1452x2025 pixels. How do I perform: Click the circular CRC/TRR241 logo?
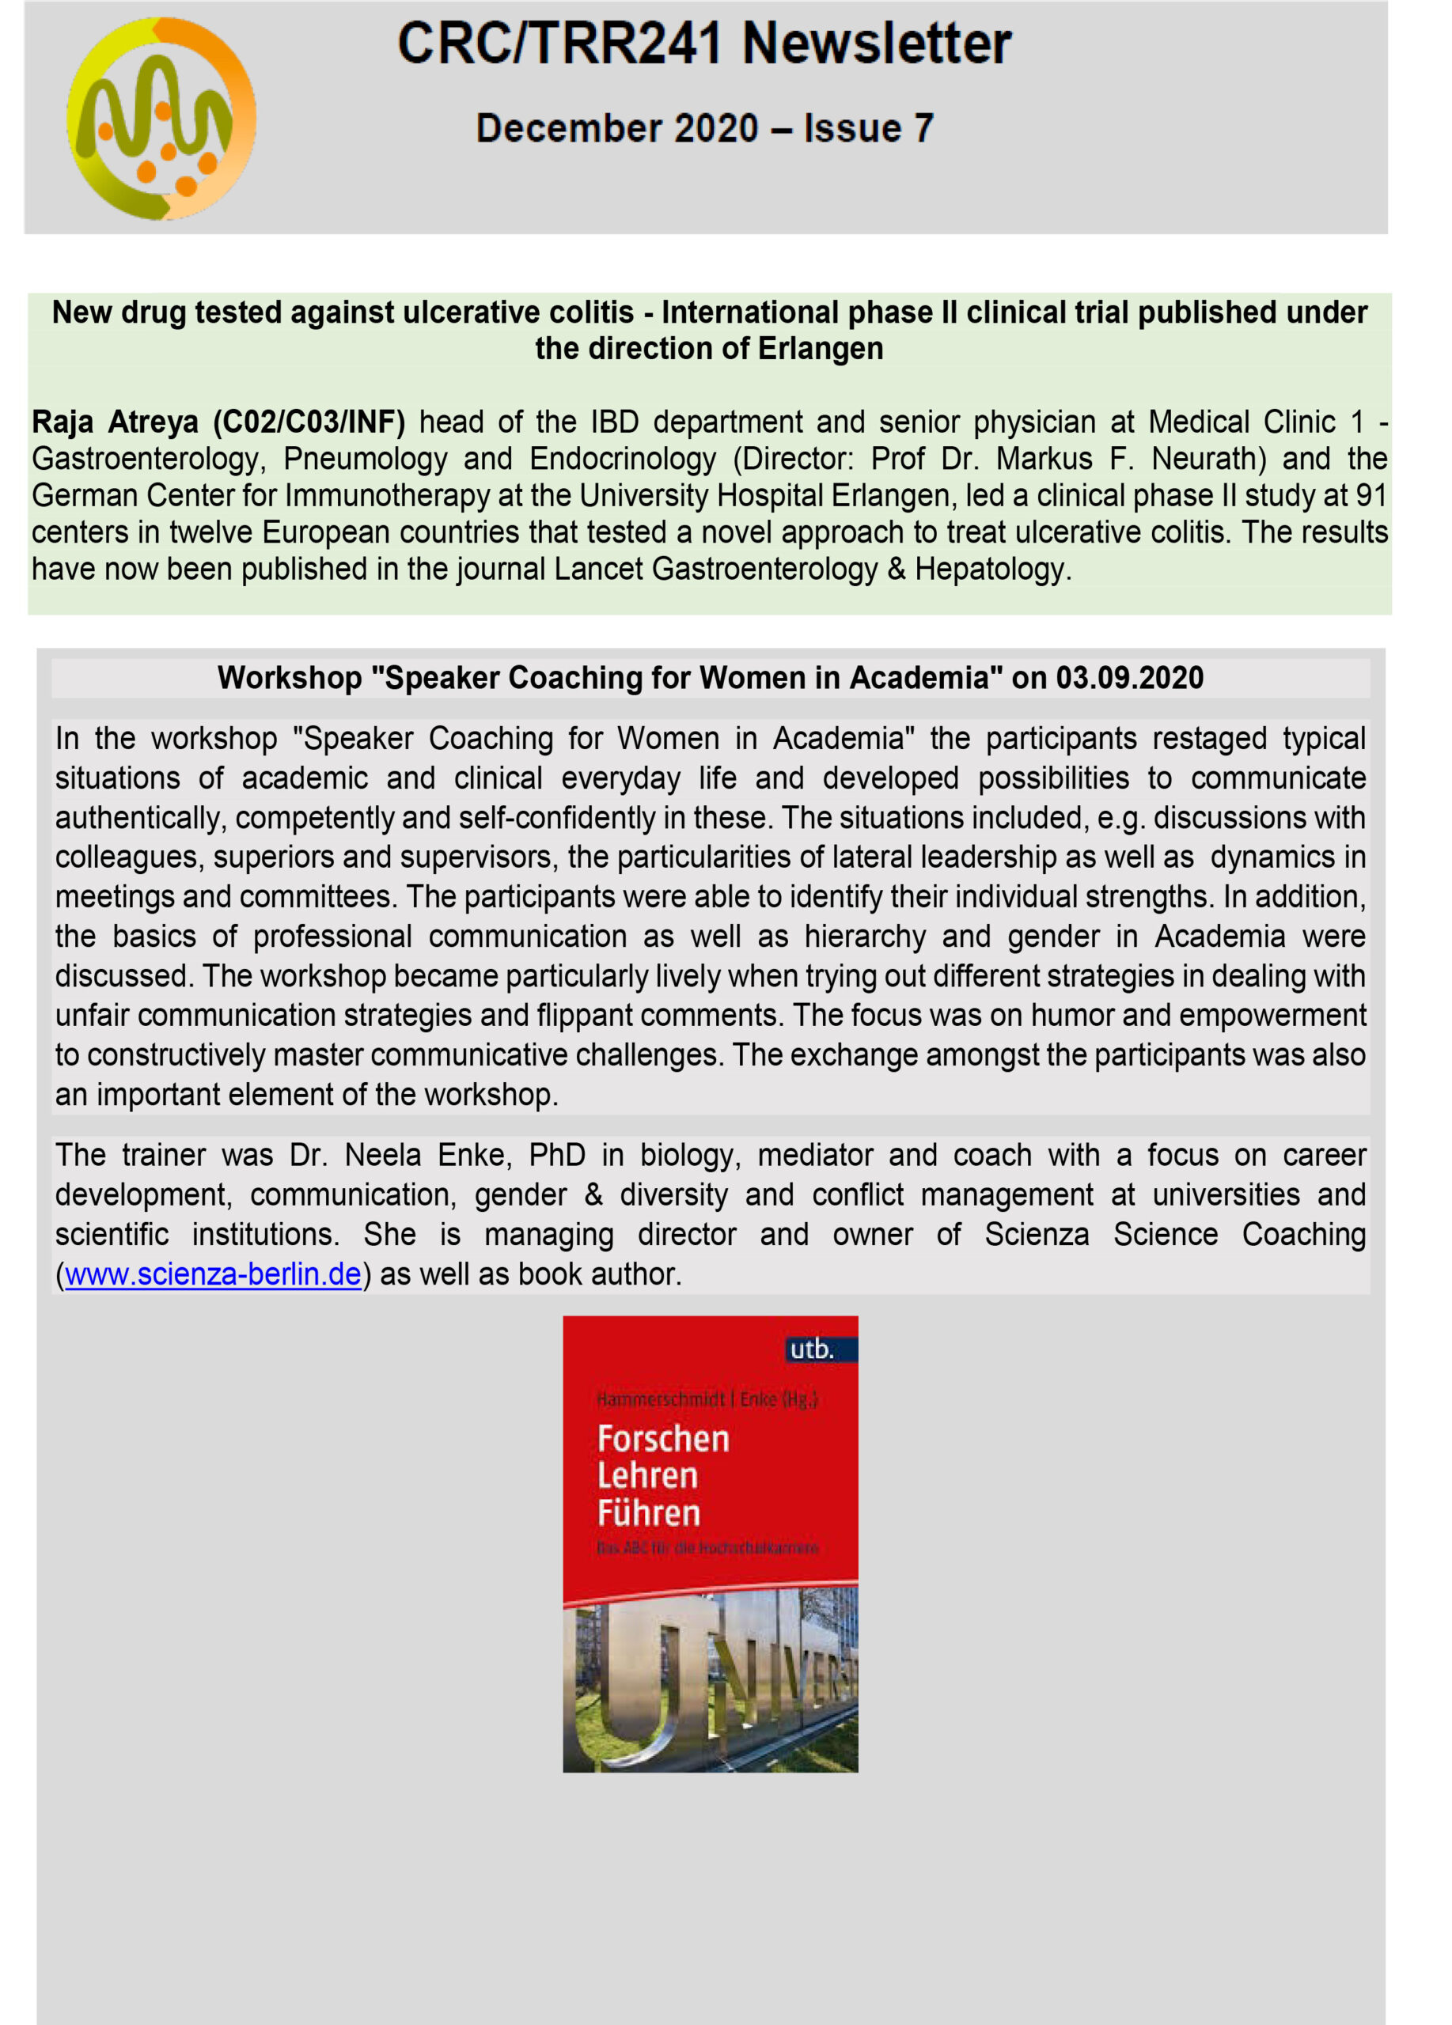coord(161,119)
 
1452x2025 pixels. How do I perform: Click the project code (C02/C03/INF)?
coord(308,422)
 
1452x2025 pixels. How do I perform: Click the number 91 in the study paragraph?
coord(1370,494)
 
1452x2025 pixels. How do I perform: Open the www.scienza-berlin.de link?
coord(213,1274)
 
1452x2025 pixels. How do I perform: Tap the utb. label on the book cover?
coord(812,1349)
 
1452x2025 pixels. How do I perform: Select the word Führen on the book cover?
coord(649,1513)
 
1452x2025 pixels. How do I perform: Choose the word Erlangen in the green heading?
coord(820,348)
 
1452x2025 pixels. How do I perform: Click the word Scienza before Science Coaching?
coord(1036,1234)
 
